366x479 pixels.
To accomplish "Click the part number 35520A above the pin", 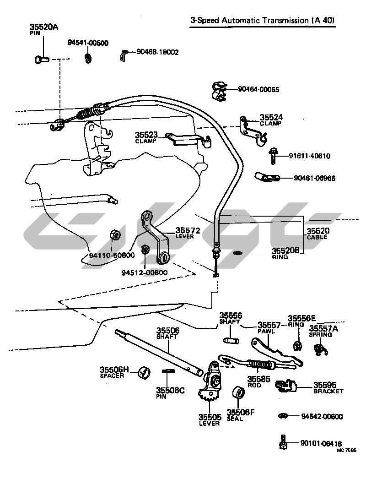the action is (x=43, y=27).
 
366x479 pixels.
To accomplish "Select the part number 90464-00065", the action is (x=258, y=89).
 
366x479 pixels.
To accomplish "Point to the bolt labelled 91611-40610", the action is (x=273, y=156).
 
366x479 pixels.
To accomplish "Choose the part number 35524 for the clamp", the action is (x=271, y=117).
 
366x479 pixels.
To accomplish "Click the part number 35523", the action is (x=146, y=135).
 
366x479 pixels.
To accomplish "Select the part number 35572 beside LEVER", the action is (x=188, y=230).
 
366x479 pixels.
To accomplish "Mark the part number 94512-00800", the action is (x=145, y=272).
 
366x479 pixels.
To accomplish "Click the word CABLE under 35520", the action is (x=317, y=237).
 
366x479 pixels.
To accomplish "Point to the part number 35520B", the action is (x=285, y=250).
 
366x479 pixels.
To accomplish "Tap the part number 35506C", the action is (x=170, y=391).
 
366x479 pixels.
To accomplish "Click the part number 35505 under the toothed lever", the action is (x=210, y=417).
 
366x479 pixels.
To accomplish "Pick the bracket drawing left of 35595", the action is (x=286, y=386).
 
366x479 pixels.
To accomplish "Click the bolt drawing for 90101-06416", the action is (x=283, y=443).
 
